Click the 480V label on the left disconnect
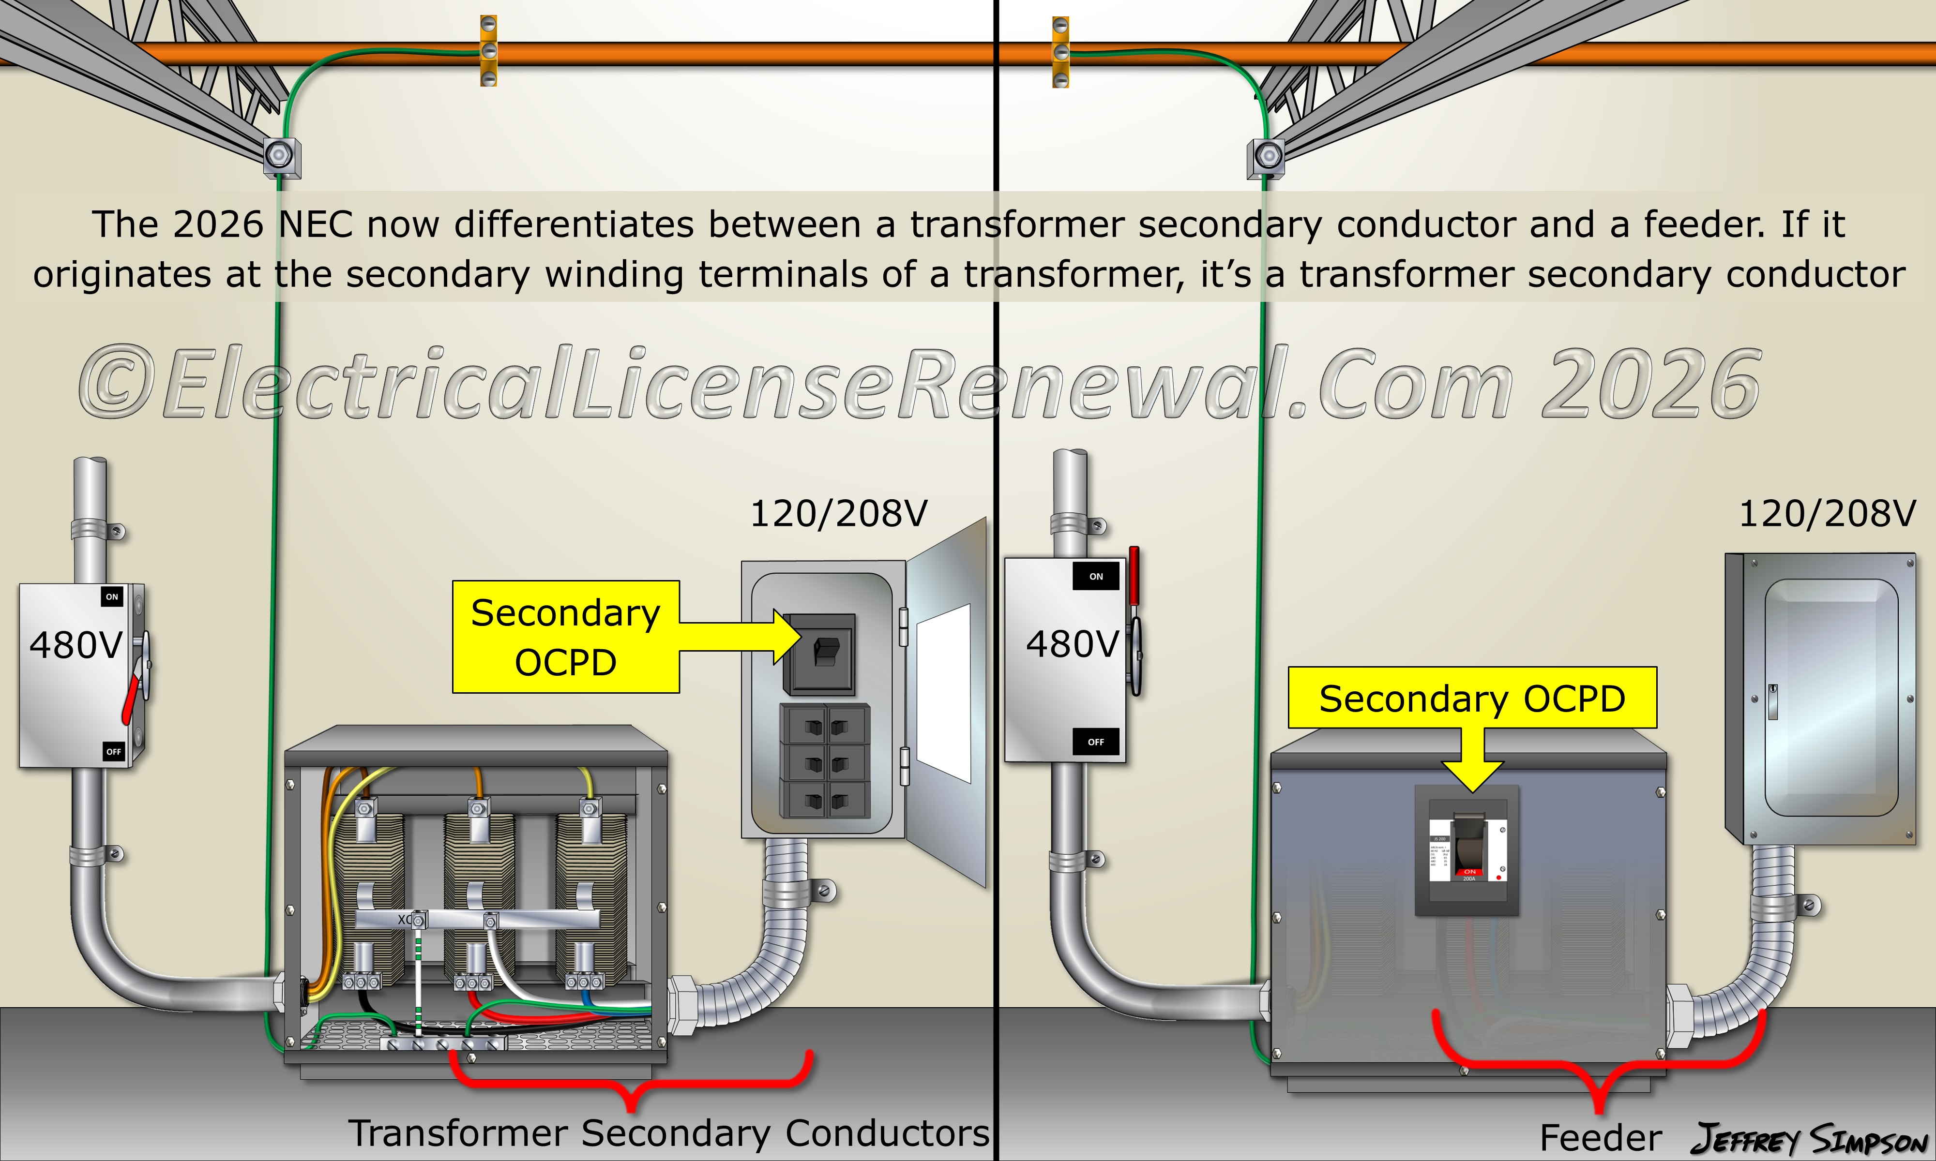pos(76,645)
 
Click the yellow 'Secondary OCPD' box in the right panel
pos(1472,698)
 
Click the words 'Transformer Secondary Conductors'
pos(669,1133)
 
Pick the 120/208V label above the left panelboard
pos(838,514)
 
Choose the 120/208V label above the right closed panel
pos(1827,514)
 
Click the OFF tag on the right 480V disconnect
pos(1096,742)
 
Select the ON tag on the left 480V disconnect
pos(112,597)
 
